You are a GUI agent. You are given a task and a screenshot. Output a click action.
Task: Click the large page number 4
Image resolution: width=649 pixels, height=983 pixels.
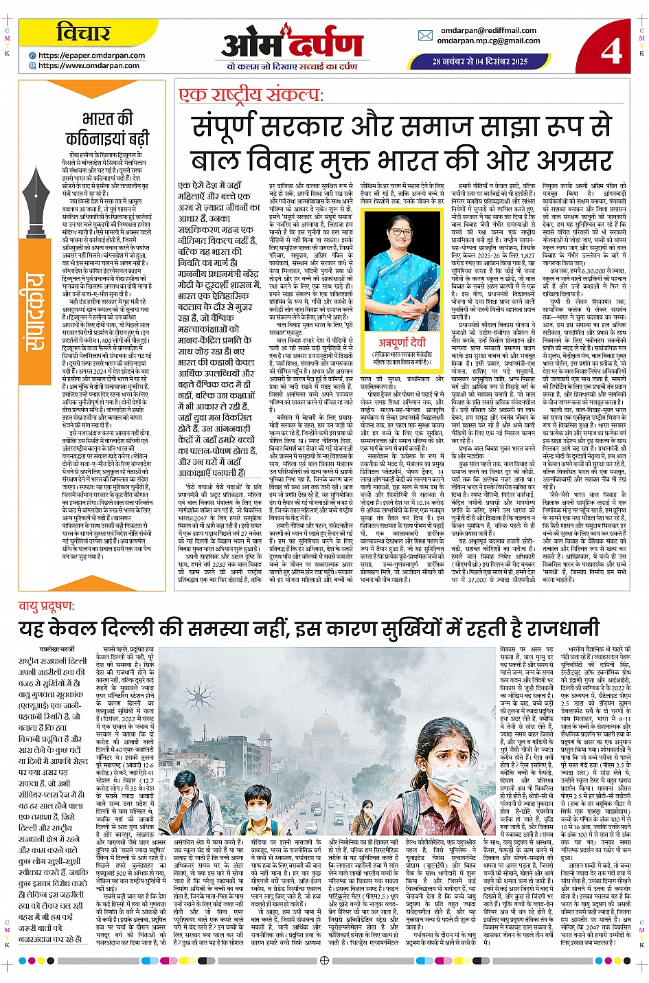point(611,49)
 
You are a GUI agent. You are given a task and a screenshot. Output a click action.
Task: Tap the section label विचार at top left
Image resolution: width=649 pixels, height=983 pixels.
point(83,32)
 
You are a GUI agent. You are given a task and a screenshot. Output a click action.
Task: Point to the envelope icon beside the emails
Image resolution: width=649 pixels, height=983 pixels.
point(425,36)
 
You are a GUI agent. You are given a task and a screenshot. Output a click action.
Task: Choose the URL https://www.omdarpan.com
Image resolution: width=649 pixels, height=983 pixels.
point(89,66)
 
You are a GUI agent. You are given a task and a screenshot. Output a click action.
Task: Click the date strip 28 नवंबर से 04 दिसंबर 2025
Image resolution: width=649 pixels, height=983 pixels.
point(479,61)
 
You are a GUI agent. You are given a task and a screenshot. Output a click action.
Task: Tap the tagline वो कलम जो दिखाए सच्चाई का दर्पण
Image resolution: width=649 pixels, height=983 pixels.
point(292,67)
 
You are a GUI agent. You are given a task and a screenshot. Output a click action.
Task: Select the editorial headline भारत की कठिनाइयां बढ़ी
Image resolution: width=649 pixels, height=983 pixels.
point(108,128)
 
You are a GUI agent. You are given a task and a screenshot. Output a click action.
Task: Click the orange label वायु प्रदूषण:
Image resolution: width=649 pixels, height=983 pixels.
point(46,605)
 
